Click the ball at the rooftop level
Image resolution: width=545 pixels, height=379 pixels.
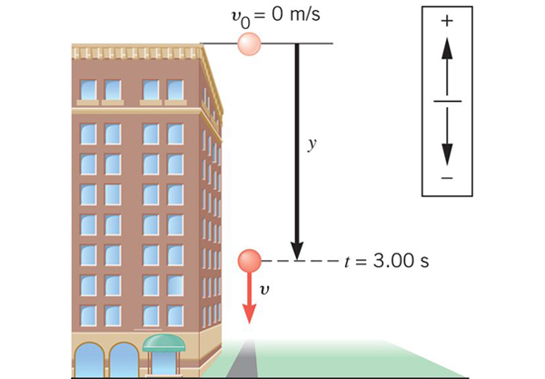pyautogui.click(x=248, y=44)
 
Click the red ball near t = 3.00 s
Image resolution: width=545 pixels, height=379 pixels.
pyautogui.click(x=248, y=262)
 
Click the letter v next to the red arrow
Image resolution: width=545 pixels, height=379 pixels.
pyautogui.click(x=264, y=292)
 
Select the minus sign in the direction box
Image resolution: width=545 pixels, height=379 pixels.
pyautogui.click(x=445, y=179)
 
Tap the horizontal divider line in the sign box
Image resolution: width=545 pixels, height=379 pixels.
pyautogui.click(x=445, y=100)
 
